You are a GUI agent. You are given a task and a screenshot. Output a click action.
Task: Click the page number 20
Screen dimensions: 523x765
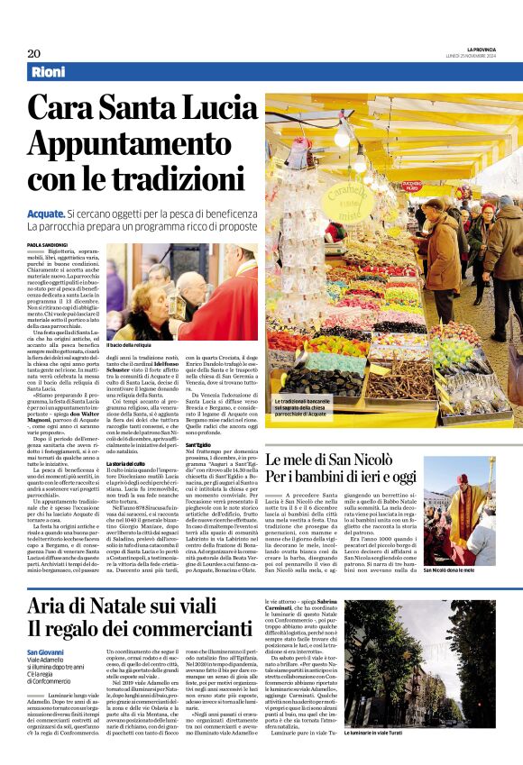pyautogui.click(x=33, y=53)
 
